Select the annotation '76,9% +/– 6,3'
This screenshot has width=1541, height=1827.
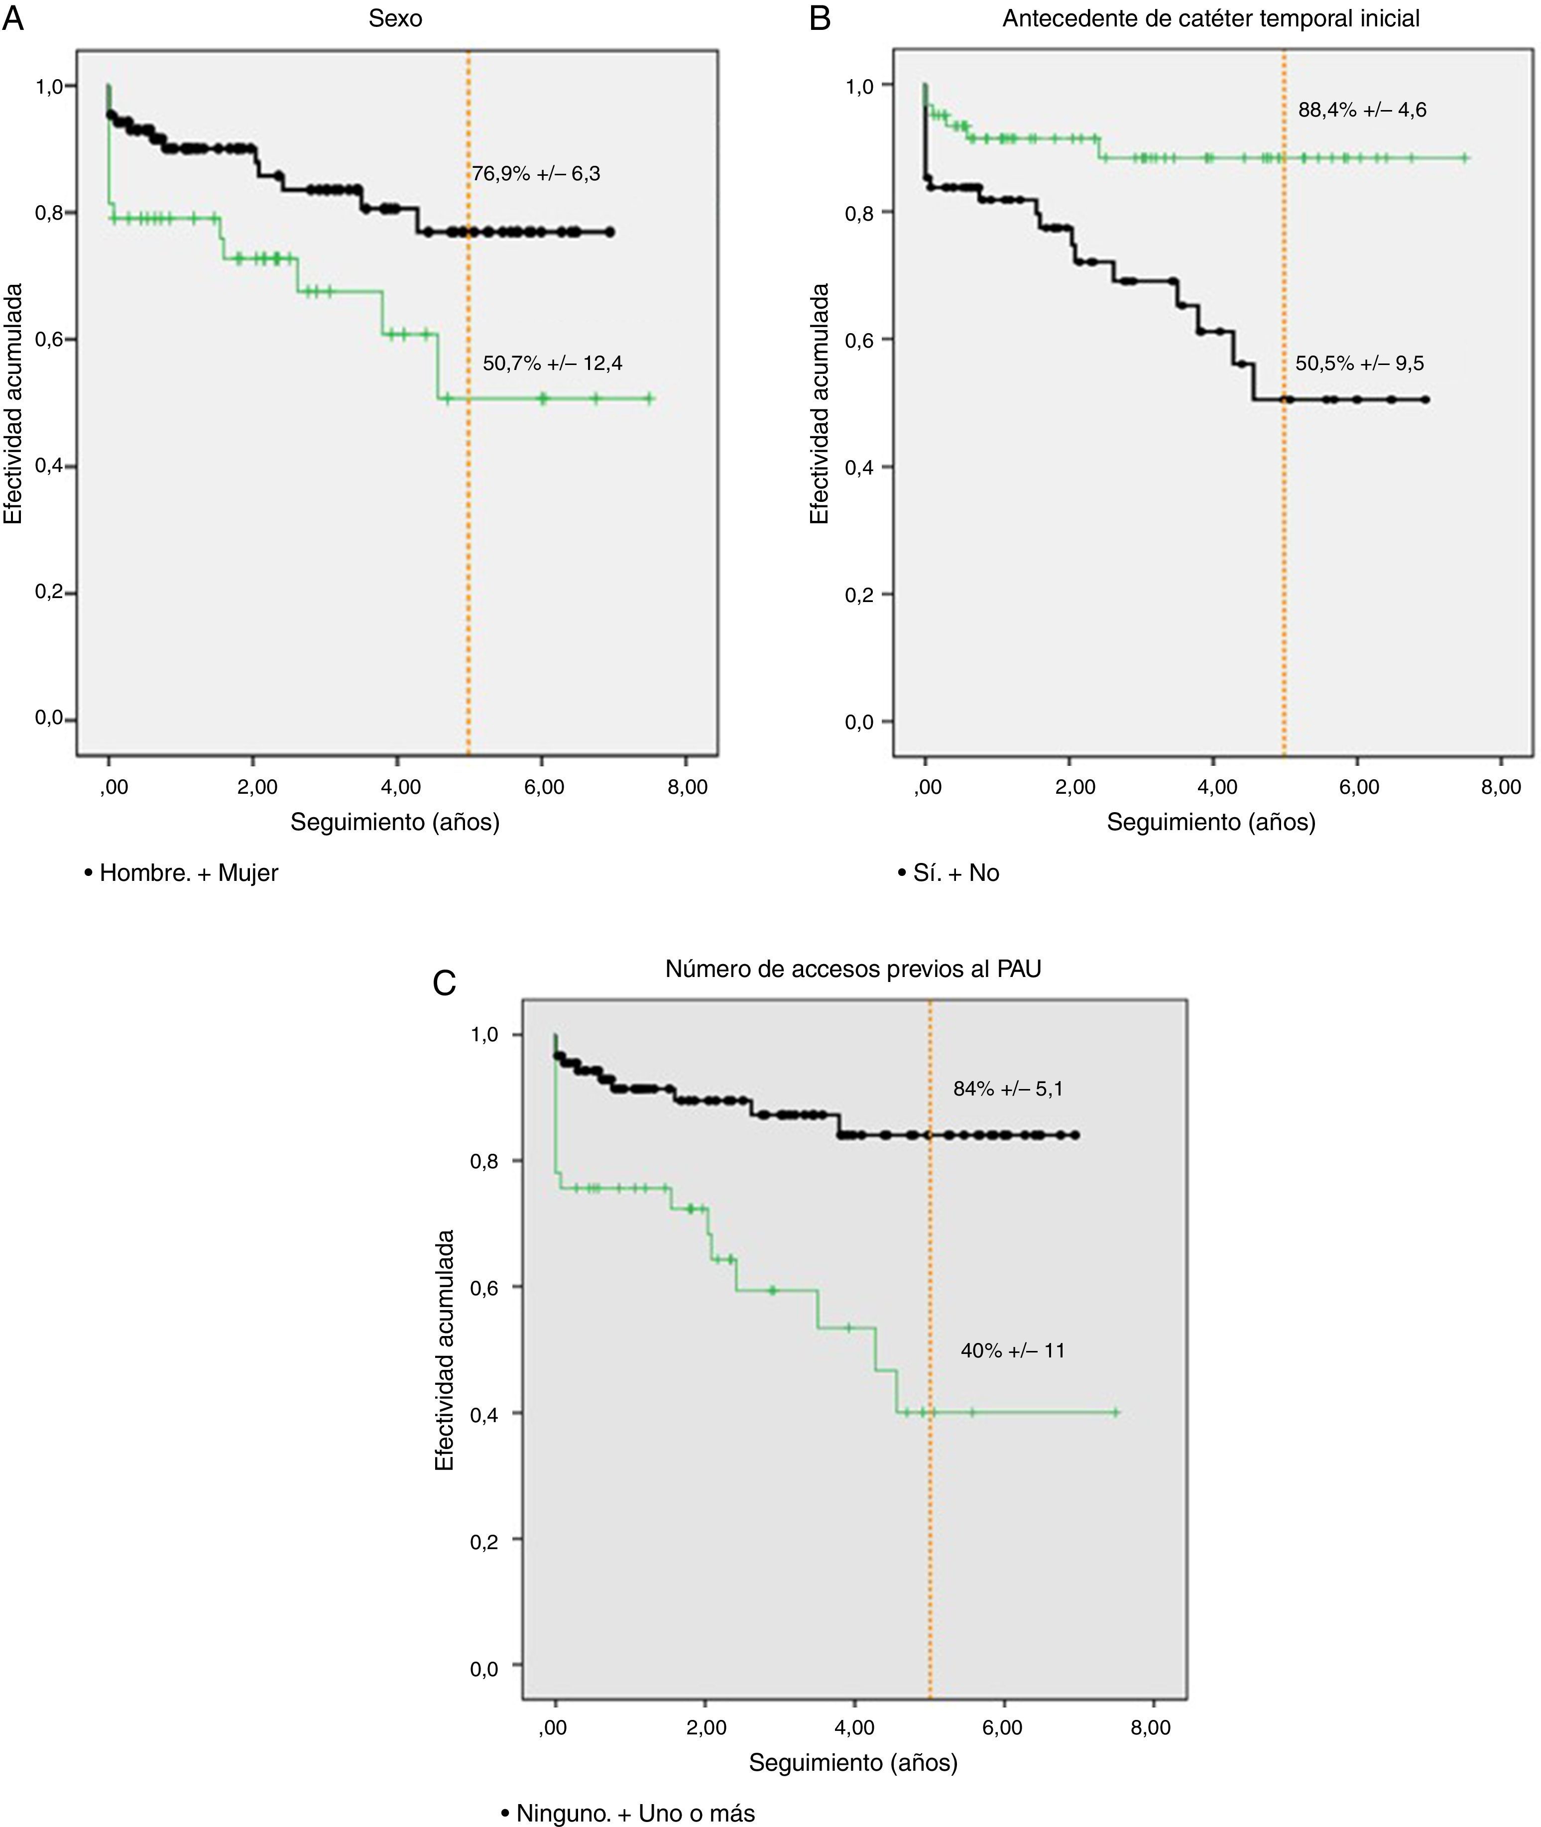pos(536,174)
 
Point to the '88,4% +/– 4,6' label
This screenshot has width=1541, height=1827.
pos(1362,110)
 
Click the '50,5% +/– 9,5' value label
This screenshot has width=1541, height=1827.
pos(1359,364)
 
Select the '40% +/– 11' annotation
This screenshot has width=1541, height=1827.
pos(1013,1351)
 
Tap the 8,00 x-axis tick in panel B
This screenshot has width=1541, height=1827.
pos(1500,787)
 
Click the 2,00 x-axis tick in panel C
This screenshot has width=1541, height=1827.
pos(706,1728)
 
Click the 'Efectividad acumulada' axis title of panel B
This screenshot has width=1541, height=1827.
pos(819,403)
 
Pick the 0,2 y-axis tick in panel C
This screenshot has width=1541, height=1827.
pos(484,1542)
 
